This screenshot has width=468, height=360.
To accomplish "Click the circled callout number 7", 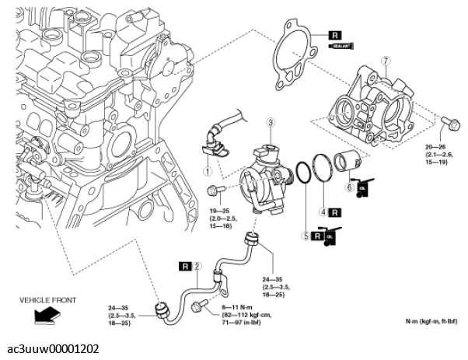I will click(383, 61).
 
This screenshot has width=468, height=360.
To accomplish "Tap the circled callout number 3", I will click(271, 122).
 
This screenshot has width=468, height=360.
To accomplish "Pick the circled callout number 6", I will click(349, 187).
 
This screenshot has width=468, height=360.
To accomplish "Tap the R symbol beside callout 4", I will click(334, 211).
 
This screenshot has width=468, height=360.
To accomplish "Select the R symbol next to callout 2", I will click(184, 267).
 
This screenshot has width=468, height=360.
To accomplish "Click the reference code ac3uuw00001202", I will click(50, 349).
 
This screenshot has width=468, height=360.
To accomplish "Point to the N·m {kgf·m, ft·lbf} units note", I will click(431, 321).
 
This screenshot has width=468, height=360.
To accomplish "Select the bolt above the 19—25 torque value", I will click(215, 189).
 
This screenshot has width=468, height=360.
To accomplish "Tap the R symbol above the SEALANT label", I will click(335, 35).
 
